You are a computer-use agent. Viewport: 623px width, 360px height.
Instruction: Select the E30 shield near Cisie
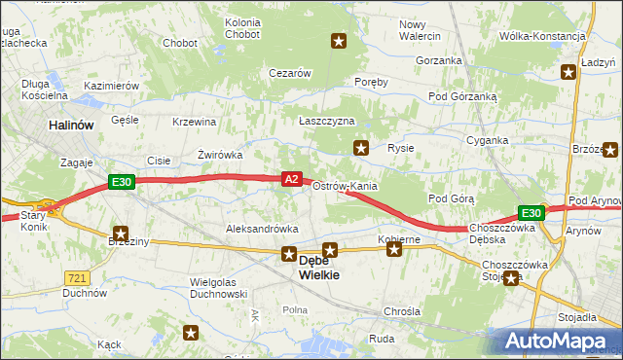[x=121, y=181]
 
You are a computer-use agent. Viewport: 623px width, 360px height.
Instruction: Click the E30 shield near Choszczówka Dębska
[x=531, y=213]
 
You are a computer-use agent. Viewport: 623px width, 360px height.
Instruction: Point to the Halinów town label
[x=71, y=126]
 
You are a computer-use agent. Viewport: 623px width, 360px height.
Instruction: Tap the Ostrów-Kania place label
[x=345, y=186]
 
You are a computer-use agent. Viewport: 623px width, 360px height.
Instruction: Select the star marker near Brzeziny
[x=121, y=234]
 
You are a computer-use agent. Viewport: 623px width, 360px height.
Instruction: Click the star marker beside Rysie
[x=361, y=148]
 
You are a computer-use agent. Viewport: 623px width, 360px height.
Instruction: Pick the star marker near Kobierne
[x=394, y=250]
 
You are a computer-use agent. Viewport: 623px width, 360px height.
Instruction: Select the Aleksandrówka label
[x=261, y=228]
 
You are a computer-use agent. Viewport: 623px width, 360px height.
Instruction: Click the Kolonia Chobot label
[x=242, y=28]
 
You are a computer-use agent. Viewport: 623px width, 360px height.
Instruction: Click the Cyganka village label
[x=486, y=140]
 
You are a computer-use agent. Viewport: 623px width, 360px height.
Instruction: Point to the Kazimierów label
[x=112, y=86]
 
